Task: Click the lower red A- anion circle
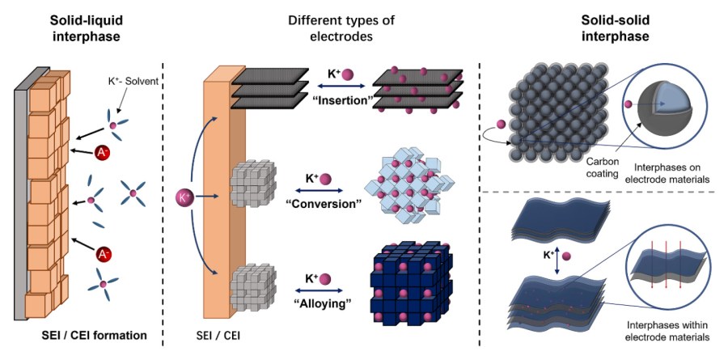point(104,254)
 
